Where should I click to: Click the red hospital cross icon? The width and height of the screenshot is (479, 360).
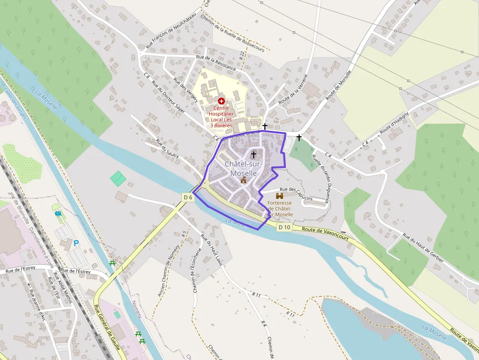pos(221,100)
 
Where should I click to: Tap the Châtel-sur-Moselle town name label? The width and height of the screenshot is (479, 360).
pos(243,169)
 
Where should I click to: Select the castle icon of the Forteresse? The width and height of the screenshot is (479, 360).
pos(280,195)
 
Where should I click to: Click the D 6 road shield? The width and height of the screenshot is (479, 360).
pos(188,197)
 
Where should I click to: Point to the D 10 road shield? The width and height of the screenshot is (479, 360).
pos(284,227)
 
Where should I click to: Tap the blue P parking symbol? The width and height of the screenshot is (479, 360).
pos(76,243)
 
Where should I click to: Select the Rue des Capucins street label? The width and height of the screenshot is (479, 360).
pos(296,193)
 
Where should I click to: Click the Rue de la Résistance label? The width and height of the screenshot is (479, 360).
pos(216,63)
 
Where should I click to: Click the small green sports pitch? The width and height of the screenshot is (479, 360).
pos(118,178)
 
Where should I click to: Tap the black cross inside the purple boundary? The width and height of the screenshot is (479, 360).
pos(253,155)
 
